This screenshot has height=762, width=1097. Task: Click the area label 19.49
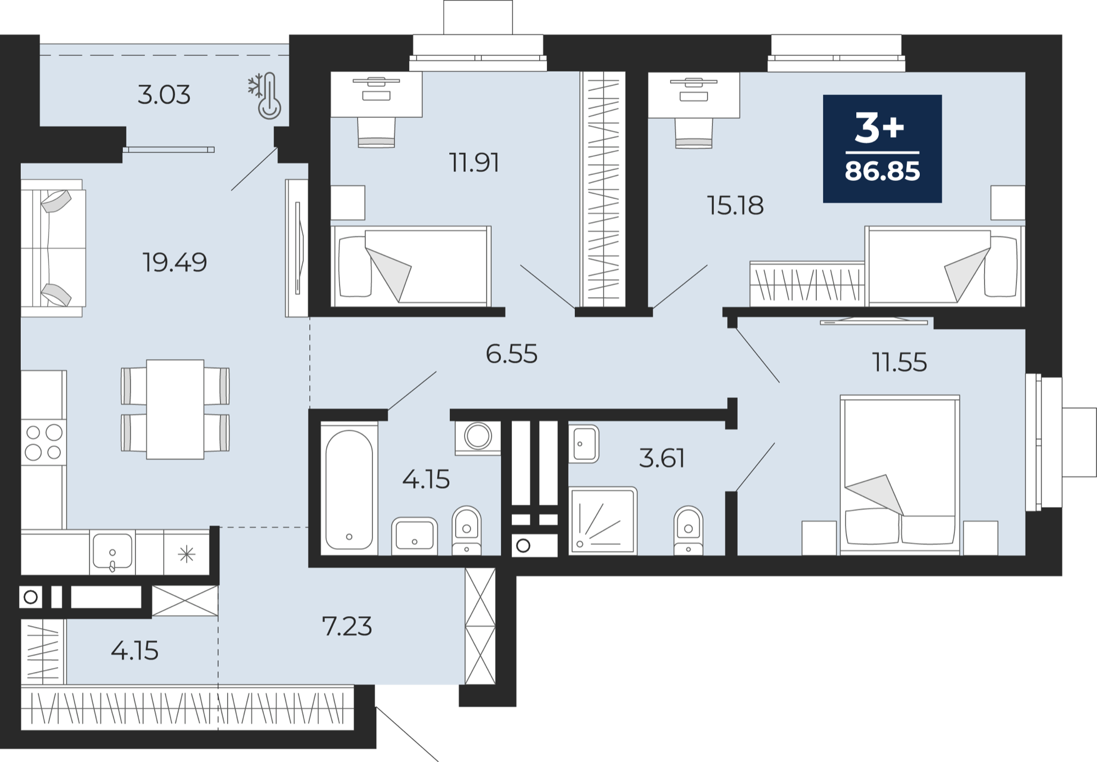tap(174, 262)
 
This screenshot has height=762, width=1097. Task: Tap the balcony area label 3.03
tap(164, 94)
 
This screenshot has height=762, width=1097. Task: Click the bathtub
tap(349, 489)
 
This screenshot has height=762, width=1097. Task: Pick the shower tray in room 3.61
tap(603, 521)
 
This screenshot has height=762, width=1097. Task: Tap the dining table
tap(175, 409)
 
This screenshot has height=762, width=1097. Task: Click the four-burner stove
tap(43, 442)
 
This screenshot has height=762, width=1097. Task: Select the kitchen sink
tap(112, 552)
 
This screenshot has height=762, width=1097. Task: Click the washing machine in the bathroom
tap(478, 437)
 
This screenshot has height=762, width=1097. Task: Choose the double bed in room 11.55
tap(900, 475)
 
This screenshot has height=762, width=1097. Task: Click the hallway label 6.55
tap(511, 354)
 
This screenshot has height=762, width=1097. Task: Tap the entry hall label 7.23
tap(347, 626)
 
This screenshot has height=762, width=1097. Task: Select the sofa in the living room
tap(53, 248)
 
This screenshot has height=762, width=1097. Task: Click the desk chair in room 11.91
tap(376, 133)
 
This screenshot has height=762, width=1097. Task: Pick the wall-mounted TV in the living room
tap(297, 248)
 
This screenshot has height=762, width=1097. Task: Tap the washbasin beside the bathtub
tap(414, 536)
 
